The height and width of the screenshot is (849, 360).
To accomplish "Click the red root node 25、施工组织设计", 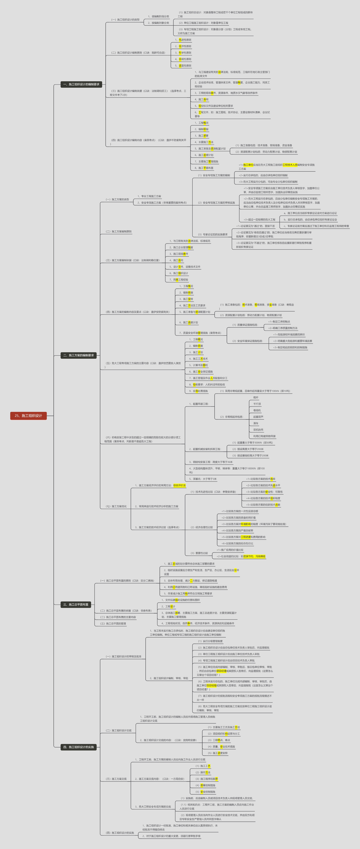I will click(x=28, y=416).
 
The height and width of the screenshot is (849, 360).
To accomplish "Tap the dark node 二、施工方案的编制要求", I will click(x=78, y=355).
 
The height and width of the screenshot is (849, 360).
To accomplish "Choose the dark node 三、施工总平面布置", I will click(x=76, y=604).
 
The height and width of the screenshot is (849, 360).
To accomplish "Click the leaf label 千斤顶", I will click(x=257, y=404).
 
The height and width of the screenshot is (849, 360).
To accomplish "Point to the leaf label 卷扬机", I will click(x=257, y=410).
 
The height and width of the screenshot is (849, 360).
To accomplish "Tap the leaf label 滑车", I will click(x=256, y=423).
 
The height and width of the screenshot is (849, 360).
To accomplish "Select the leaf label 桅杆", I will click(x=256, y=398).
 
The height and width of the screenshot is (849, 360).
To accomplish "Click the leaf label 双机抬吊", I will click(x=258, y=430).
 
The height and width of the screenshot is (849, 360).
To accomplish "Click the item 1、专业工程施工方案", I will click(x=149, y=196).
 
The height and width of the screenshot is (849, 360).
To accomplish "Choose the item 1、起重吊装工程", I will click(x=199, y=404).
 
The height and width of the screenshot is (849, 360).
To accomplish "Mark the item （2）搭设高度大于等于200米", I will click(x=248, y=449).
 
